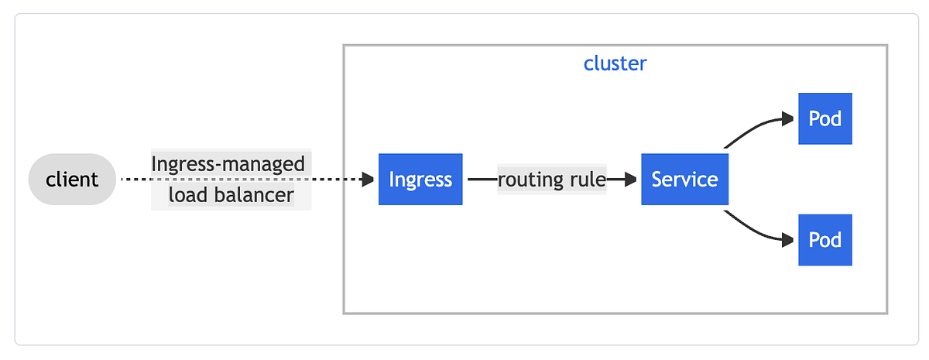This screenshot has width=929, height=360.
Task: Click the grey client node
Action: [x=72, y=180]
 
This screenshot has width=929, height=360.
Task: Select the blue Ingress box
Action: [x=420, y=180]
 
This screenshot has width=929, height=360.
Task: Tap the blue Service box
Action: [x=684, y=180]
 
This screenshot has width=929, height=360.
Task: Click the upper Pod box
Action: [x=824, y=118]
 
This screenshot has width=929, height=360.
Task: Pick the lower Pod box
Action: [x=824, y=240]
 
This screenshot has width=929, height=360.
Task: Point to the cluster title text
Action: [x=615, y=63]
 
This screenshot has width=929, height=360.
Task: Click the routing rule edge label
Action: [x=551, y=180]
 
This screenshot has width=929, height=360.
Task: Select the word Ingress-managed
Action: [x=228, y=164]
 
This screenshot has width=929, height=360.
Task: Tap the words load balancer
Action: [x=231, y=195]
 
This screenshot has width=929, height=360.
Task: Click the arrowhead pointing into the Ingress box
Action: [x=369, y=180]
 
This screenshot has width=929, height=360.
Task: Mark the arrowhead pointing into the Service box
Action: [x=632, y=180]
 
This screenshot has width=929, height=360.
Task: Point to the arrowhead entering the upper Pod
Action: [x=789, y=118]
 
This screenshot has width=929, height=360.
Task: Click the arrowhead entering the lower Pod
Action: [x=789, y=240]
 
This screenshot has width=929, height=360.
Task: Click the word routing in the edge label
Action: [x=529, y=180]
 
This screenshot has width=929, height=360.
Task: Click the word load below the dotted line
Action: [x=187, y=195]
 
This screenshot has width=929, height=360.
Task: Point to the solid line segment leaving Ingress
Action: [x=482, y=180]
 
